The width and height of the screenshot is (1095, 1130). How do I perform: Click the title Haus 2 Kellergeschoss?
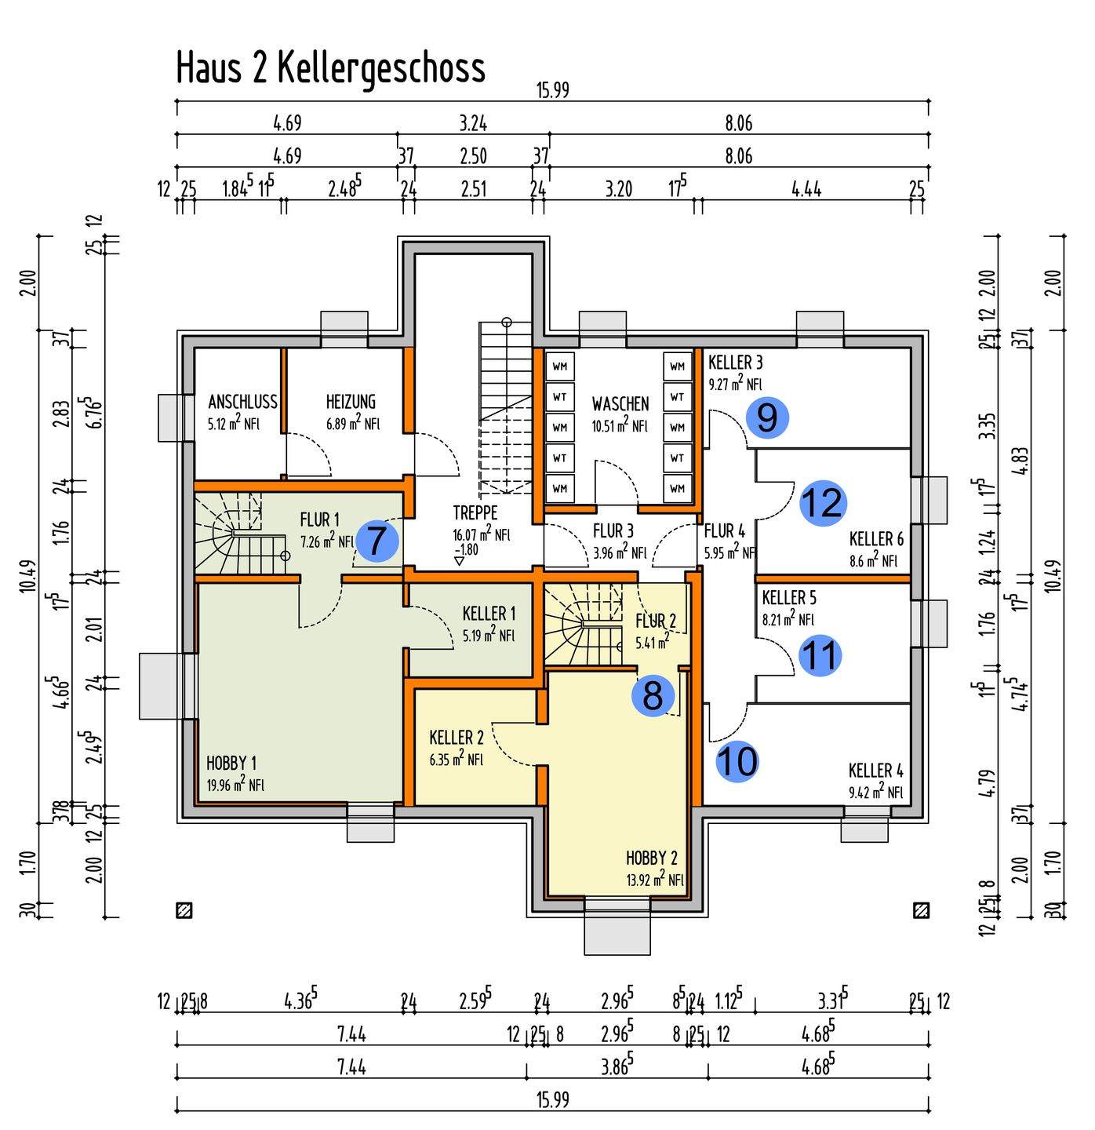coord(330,68)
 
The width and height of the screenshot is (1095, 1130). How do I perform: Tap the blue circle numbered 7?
coord(377,541)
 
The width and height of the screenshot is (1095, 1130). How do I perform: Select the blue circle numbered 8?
coord(653,694)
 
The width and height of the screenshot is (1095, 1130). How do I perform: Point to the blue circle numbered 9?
coord(766,417)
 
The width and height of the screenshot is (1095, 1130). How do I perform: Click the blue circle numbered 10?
coord(737,761)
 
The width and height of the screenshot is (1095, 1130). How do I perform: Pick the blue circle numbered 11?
coord(820,654)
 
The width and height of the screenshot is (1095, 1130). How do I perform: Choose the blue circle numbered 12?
coord(821,502)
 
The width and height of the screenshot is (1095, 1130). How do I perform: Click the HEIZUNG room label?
coord(351,402)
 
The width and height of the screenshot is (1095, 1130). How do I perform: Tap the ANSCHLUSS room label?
coord(242,402)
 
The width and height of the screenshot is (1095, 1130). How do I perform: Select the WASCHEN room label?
coord(620,404)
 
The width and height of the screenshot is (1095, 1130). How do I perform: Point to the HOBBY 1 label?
coord(231,763)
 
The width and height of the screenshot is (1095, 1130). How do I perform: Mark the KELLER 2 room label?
coord(457,738)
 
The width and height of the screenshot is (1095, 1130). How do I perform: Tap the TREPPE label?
coord(475,513)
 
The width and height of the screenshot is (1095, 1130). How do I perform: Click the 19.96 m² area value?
coord(235,785)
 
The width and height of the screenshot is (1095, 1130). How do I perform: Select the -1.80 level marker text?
coord(466,549)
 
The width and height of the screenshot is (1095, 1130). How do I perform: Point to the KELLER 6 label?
coord(876,539)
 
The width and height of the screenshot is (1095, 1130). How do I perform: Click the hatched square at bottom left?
coord(185,910)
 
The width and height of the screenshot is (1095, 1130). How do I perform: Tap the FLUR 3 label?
coord(613,531)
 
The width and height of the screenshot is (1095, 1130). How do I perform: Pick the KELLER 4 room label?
coord(875,771)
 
